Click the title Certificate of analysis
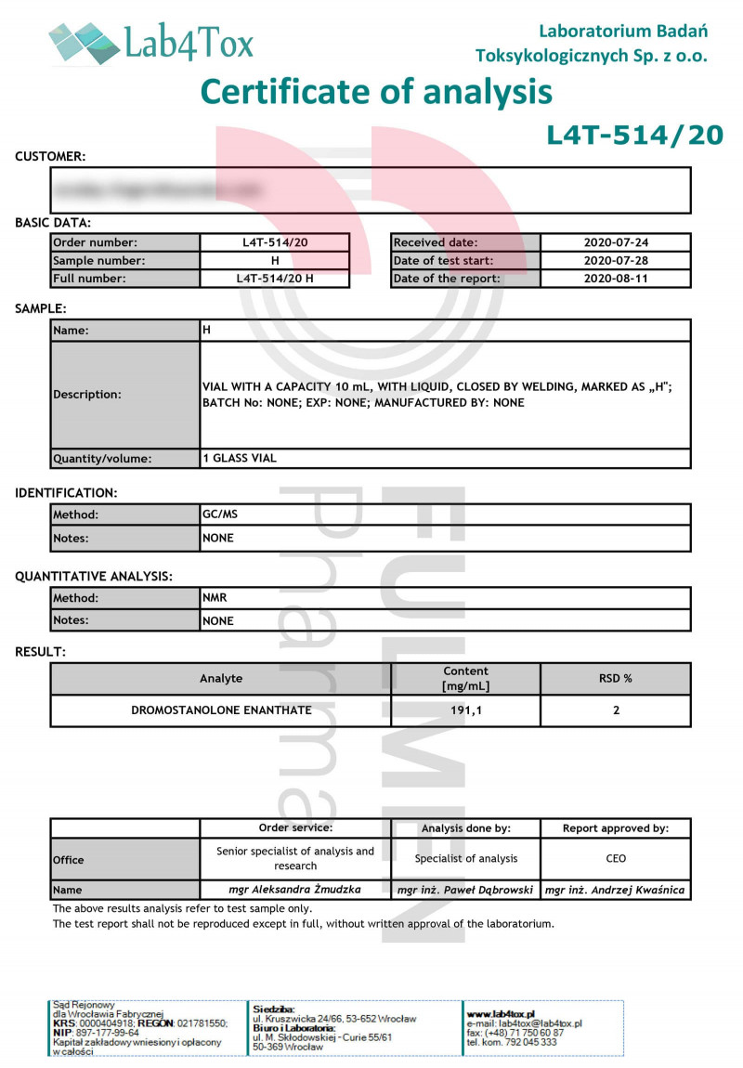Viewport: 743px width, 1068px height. (376, 92)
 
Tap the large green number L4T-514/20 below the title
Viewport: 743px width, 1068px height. (634, 136)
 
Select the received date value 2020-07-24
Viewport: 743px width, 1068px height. (615, 243)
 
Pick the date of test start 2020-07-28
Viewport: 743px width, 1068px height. (615, 261)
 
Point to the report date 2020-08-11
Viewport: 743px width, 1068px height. (615, 279)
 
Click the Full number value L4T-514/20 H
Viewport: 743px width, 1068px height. (275, 279)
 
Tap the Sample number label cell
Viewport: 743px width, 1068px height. (125, 261)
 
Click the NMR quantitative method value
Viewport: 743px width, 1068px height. (215, 598)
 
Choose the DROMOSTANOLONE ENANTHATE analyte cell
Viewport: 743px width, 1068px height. (221, 710)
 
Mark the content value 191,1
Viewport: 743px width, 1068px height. (465, 710)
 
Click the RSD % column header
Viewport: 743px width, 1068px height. (615, 679)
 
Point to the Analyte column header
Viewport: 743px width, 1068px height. (221, 679)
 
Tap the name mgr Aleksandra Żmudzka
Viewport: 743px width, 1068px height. (295, 890)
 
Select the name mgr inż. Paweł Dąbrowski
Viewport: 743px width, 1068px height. (465, 890)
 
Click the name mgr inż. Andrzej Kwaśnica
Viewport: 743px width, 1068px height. (615, 890)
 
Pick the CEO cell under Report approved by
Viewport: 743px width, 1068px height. (615, 858)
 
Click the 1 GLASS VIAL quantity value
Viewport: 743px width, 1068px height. (240, 458)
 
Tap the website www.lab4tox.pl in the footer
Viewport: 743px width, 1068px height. (501, 1014)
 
